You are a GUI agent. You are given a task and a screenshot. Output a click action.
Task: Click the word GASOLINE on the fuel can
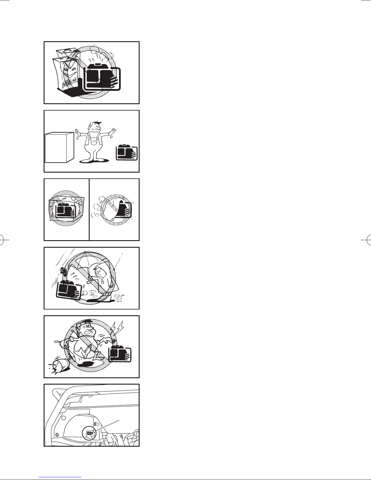[70, 82]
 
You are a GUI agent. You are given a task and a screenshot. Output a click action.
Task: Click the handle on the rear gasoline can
[66, 51]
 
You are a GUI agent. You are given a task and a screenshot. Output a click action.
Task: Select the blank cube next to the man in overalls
[59, 147]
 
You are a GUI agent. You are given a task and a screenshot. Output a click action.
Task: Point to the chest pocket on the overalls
[95, 142]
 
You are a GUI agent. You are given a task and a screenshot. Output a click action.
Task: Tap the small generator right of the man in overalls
[127, 152]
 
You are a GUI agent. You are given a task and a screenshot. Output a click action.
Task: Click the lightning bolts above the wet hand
[118, 329]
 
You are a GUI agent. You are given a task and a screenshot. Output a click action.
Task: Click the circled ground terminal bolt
[90, 434]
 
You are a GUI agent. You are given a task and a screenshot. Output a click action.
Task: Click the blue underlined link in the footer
[60, 476]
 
